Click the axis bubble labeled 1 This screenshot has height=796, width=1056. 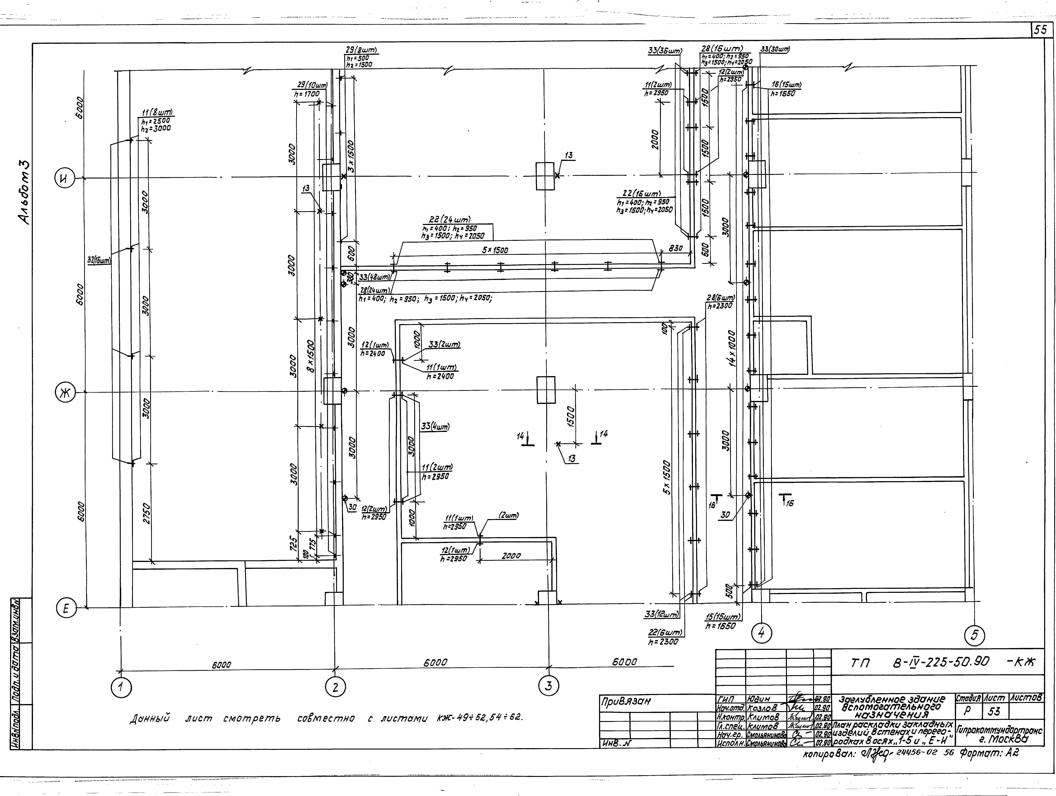[121, 688]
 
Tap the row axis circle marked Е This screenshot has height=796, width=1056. [66, 608]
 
